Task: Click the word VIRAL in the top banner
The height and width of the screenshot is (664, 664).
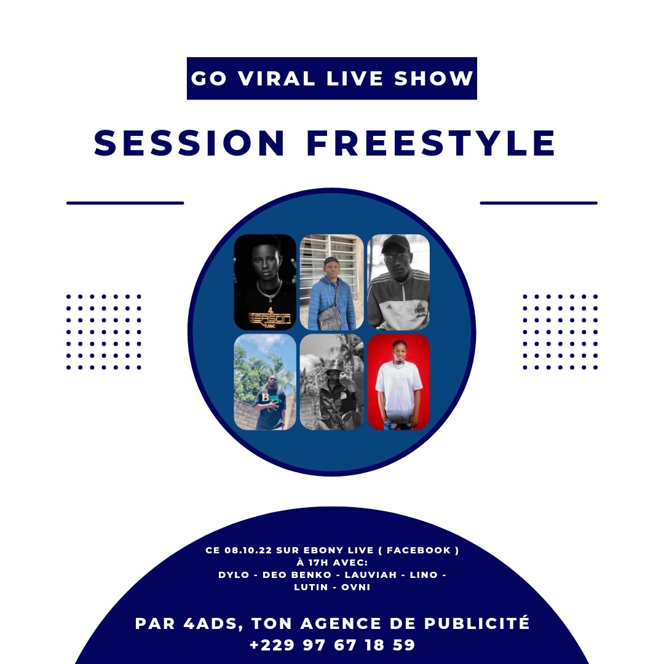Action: (276, 78)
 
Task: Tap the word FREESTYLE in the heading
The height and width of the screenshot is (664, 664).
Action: (430, 143)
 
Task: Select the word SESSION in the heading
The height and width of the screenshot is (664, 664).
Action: (189, 143)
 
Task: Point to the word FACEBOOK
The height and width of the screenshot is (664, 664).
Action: (419, 550)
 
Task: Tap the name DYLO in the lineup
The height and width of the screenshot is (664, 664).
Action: (234, 575)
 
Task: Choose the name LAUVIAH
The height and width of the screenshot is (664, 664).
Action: (371, 575)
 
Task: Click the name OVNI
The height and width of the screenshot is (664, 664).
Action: (356, 587)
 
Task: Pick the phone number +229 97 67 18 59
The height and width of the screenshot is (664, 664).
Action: (333, 645)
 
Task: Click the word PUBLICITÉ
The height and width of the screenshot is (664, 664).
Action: (477, 623)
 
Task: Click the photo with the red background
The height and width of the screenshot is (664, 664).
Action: (398, 382)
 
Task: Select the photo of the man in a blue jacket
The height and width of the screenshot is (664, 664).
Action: (331, 282)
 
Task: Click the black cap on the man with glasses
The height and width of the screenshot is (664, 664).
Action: (395, 244)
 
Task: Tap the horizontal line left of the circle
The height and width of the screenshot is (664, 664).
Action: (125, 203)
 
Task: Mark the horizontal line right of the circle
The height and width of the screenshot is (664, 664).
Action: (538, 203)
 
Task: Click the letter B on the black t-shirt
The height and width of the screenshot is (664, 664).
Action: (265, 398)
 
